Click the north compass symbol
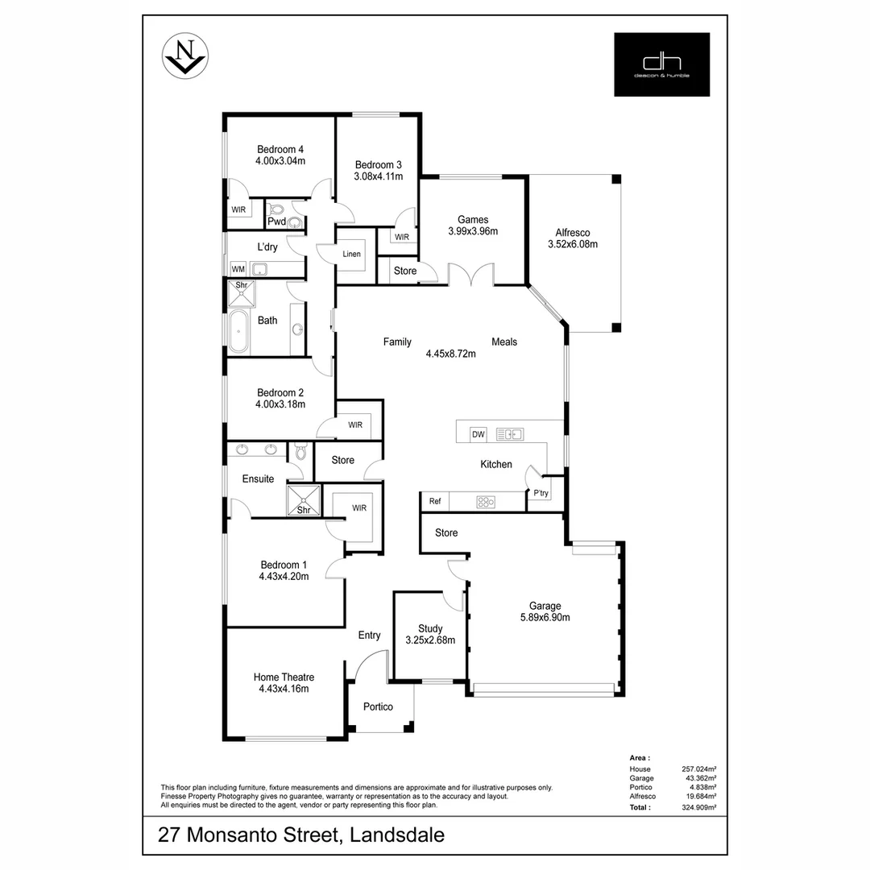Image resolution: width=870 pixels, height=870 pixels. (187, 56)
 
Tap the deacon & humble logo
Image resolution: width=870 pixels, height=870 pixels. (661, 64)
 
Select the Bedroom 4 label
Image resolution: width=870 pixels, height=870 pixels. (280, 149)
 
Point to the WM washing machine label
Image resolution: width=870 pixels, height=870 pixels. (238, 269)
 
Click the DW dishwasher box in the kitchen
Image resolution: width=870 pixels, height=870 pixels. (478, 434)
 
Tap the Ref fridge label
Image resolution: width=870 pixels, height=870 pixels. (435, 501)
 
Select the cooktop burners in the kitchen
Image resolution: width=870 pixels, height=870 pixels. (486, 502)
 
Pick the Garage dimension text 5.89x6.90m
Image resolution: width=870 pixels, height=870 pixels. (545, 618)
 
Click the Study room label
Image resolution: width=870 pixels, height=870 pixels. (430, 629)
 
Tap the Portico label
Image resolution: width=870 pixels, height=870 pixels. (378, 706)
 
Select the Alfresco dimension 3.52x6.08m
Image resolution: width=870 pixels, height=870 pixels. (572, 244)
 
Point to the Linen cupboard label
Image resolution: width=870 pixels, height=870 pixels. (351, 254)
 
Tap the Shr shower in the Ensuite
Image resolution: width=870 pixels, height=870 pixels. (304, 500)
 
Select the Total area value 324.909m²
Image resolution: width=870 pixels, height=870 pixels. (698, 806)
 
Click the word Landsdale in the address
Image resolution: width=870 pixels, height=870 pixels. (398, 835)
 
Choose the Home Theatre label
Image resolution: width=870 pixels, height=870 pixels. (284, 677)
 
